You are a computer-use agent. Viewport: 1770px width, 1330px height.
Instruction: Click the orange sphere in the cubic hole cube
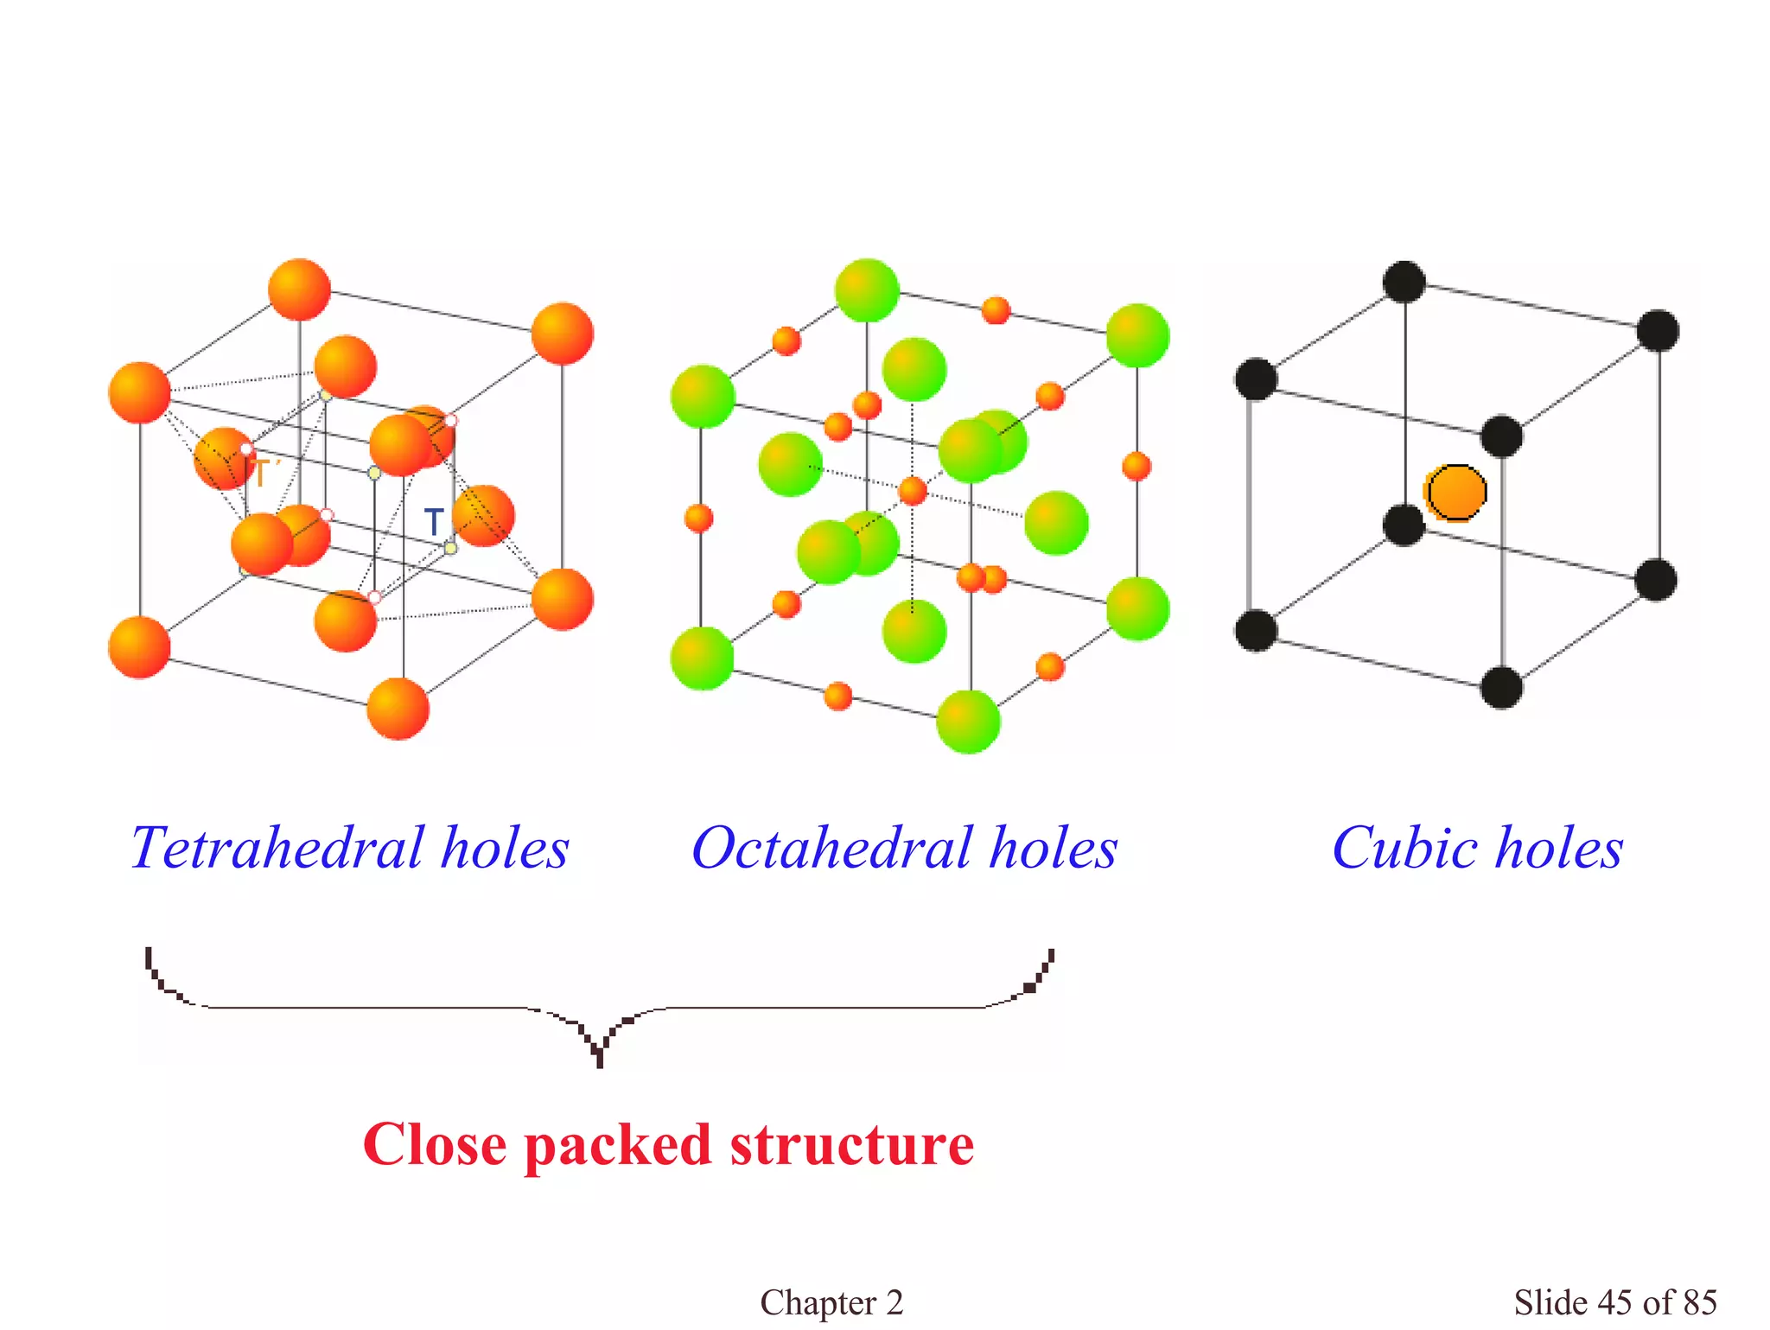[x=1456, y=493]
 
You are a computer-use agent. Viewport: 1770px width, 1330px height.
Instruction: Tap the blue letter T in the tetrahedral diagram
[x=434, y=521]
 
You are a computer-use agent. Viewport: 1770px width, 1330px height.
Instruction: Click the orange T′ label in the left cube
[x=260, y=474]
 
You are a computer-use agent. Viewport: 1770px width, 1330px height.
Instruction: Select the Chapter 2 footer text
[x=831, y=1302]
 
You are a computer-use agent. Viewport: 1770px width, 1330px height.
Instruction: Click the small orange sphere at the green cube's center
[x=913, y=491]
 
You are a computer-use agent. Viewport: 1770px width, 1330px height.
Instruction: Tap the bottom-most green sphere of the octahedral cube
[x=968, y=722]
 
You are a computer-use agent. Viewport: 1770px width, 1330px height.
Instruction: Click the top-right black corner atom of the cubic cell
[x=1658, y=331]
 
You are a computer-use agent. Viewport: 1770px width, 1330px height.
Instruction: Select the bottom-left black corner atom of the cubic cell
[x=1256, y=630]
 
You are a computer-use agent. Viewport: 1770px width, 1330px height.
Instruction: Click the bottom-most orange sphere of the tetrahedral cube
[x=398, y=709]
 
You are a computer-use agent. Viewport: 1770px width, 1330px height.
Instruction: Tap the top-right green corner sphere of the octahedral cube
[x=1137, y=335]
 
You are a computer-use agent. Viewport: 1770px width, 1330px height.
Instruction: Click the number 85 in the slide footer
[x=1700, y=1302]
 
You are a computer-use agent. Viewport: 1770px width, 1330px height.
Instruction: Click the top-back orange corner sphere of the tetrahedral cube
[x=299, y=290]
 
